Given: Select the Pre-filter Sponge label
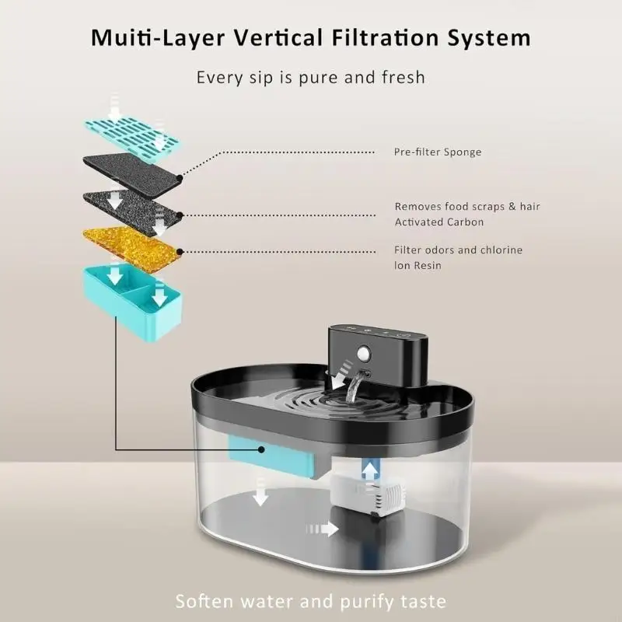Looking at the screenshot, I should (x=437, y=152).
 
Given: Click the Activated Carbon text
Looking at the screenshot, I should (x=439, y=222).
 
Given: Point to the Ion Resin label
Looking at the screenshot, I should (x=419, y=265).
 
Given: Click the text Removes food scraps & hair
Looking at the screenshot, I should (x=467, y=206).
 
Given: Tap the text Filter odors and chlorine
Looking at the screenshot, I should (x=458, y=250).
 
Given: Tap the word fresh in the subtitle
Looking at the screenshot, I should (x=404, y=77).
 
